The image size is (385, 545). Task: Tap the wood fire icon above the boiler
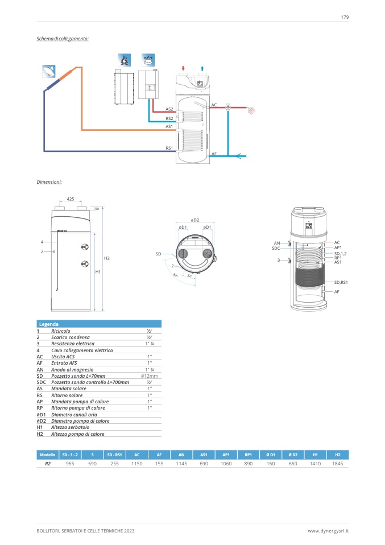coord(123,60)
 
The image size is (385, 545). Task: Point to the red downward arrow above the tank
coord(183,68)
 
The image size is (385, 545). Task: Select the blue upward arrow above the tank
coord(202,68)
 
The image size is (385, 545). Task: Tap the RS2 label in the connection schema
coord(169,118)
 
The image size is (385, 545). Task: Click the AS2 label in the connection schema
coord(169,109)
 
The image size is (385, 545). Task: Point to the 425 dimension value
coord(71,199)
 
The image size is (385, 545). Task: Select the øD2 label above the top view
coord(195,220)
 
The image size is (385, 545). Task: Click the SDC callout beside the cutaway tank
coord(276,248)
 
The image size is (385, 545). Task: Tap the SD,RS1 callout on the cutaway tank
coord(341,282)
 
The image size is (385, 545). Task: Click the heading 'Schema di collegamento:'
coord(63,38)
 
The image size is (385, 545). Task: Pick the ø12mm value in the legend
coord(149,376)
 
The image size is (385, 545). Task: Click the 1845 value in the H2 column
coord(337,464)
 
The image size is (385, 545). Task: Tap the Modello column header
coord(47,455)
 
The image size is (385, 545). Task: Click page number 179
coord(345,17)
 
